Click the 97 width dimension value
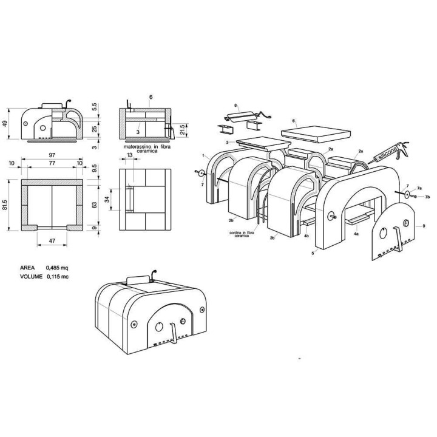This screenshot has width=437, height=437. coord(52,155)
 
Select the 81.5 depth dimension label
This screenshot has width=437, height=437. coord(5,205)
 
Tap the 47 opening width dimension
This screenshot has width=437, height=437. coord(52,241)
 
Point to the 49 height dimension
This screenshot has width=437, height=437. coord(4,123)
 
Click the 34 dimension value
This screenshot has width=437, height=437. coord(109,200)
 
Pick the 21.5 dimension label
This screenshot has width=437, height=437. coord(183,129)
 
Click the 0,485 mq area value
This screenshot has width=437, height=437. coord(57,268)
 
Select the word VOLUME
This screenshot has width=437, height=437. coord(31,277)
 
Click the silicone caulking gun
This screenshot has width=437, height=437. coord(390,153)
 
